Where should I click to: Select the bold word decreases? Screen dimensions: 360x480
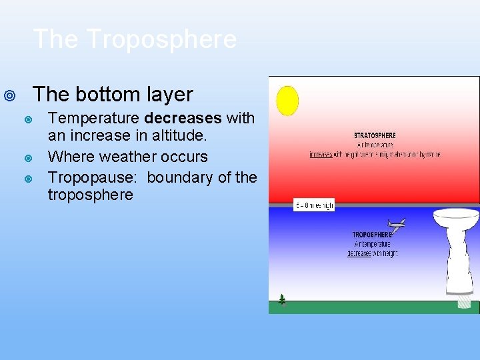[182, 119]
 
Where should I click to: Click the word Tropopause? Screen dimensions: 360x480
[93, 178]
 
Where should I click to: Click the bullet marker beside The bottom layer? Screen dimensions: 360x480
[9, 96]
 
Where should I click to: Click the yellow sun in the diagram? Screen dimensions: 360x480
[287, 101]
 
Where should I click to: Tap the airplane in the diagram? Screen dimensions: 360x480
[396, 225]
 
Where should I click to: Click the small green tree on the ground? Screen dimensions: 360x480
[282, 299]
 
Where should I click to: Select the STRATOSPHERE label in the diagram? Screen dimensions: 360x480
[374, 135]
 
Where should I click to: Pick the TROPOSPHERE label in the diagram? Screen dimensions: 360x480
[372, 235]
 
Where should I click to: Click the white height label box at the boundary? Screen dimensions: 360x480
[314, 205]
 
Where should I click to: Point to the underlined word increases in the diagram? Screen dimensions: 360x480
[321, 155]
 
